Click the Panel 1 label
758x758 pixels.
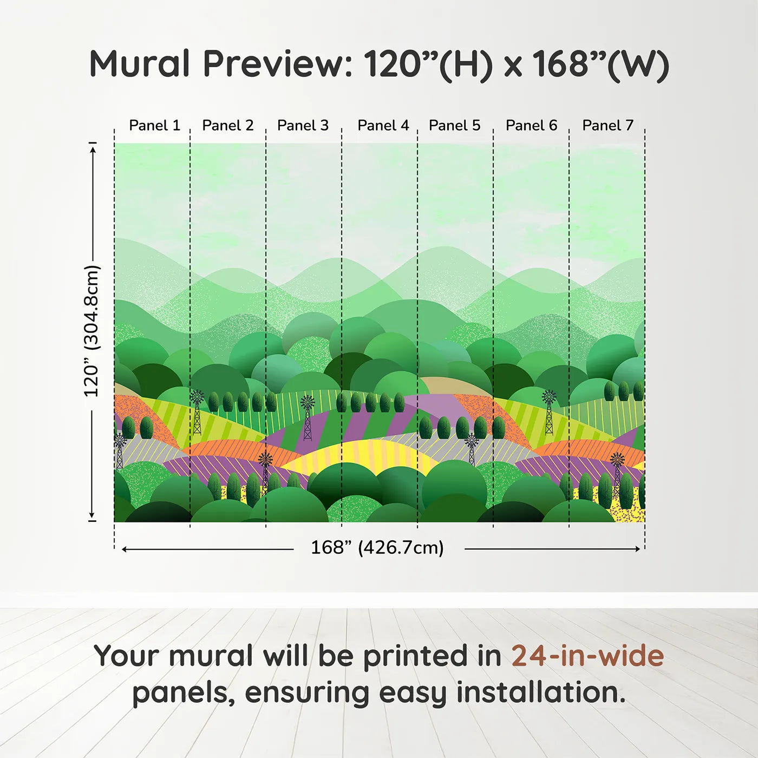155,126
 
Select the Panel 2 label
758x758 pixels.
228,126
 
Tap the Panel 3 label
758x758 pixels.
303,126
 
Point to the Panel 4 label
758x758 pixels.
383,126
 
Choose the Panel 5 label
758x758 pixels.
455,126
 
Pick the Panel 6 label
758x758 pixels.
532,126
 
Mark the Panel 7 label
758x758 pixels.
607,126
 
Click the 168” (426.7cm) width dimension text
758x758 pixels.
377,547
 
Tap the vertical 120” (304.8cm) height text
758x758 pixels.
92,331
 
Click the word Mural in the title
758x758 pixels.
140,64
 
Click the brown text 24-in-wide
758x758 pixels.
587,657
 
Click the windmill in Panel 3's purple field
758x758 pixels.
308,418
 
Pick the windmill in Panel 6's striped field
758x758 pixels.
548,412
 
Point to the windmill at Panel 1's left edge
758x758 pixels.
119,451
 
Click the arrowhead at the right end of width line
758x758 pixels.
638,549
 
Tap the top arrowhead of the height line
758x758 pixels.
93,149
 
